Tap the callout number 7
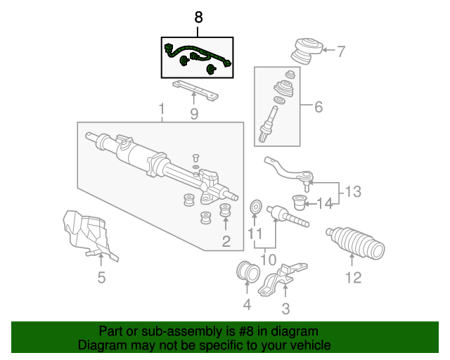341,51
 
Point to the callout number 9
193,113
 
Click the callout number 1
162,110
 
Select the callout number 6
318,108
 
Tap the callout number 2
226,242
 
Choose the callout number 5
101,278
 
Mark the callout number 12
353,277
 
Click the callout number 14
324,204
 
